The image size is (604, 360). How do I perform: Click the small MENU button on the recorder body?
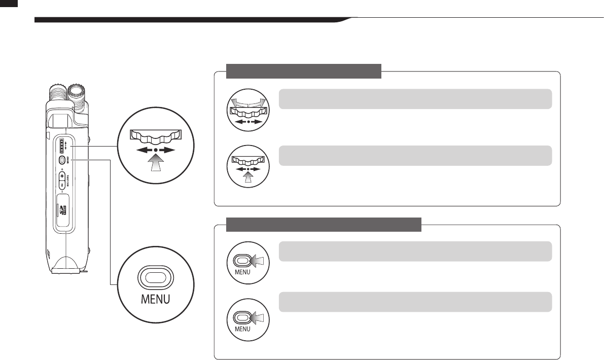(x=62, y=160)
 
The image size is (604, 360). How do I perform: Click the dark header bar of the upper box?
(x=303, y=71)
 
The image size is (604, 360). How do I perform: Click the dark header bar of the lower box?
(x=324, y=224)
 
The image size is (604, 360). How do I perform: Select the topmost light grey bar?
(x=415, y=99)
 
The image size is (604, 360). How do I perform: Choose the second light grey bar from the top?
(x=415, y=156)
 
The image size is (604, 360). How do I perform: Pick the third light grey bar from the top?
(x=415, y=251)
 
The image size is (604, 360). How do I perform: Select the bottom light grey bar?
(x=415, y=302)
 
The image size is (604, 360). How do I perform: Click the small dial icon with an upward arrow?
(x=248, y=165)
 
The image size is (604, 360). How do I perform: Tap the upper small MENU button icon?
(x=248, y=262)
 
